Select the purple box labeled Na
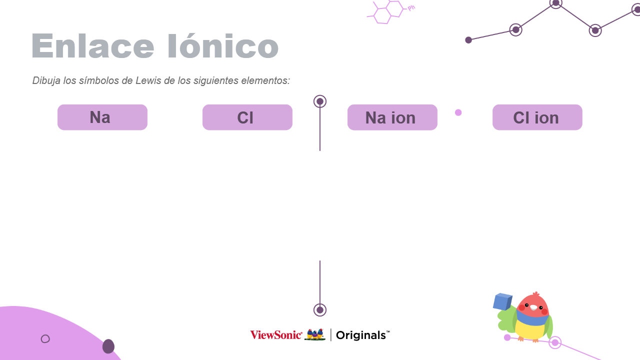pos(102,117)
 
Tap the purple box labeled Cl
pos(247,117)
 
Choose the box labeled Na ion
pos(392,117)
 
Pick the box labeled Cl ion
pos(537,117)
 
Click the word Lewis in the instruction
pos(148,80)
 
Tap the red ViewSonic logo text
pos(276,335)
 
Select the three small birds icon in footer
pos(315,334)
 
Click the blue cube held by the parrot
pos(502,301)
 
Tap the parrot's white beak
pos(533,307)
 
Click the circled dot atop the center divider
pos(320,101)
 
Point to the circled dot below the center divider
pos(320,310)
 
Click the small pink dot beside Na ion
pos(458,112)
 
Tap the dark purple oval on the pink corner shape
pos(108,346)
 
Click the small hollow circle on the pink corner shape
pos(45,339)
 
